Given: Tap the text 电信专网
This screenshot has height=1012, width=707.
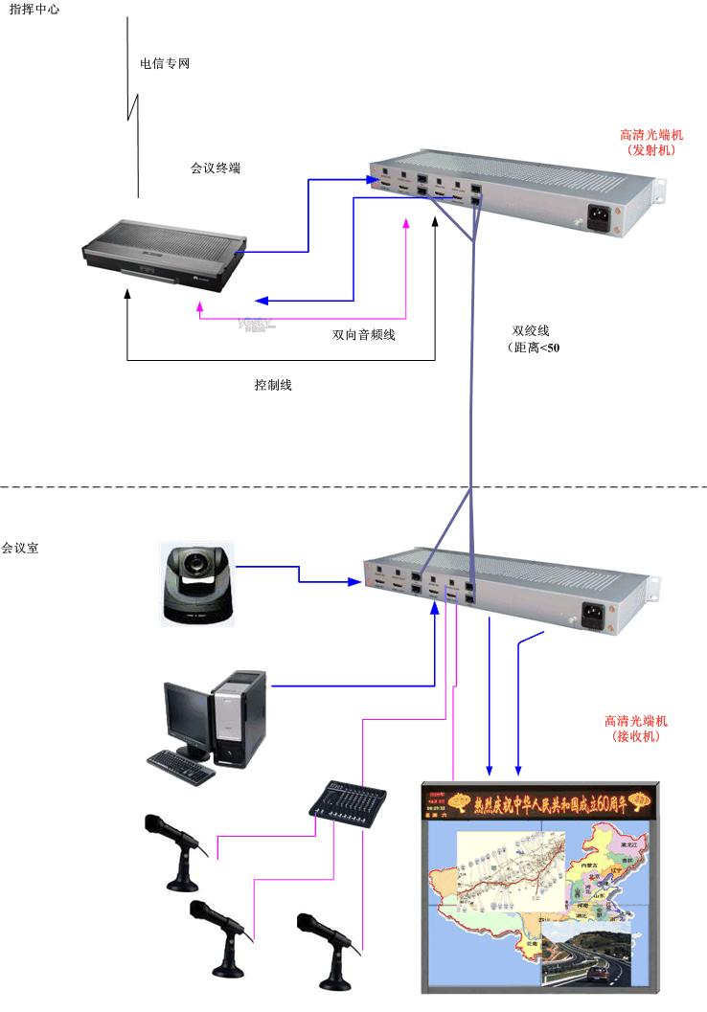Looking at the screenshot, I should [165, 64].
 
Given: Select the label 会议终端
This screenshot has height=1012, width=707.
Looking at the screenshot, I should [216, 168].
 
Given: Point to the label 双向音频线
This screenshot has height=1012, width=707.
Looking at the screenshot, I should [364, 334].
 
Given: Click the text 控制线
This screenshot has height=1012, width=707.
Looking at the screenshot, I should [273, 385].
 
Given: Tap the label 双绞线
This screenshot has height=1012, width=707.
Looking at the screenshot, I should [531, 330].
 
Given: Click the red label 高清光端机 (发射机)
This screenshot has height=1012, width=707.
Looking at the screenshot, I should [650, 143].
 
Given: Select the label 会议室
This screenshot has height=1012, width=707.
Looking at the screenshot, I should [20, 549].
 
